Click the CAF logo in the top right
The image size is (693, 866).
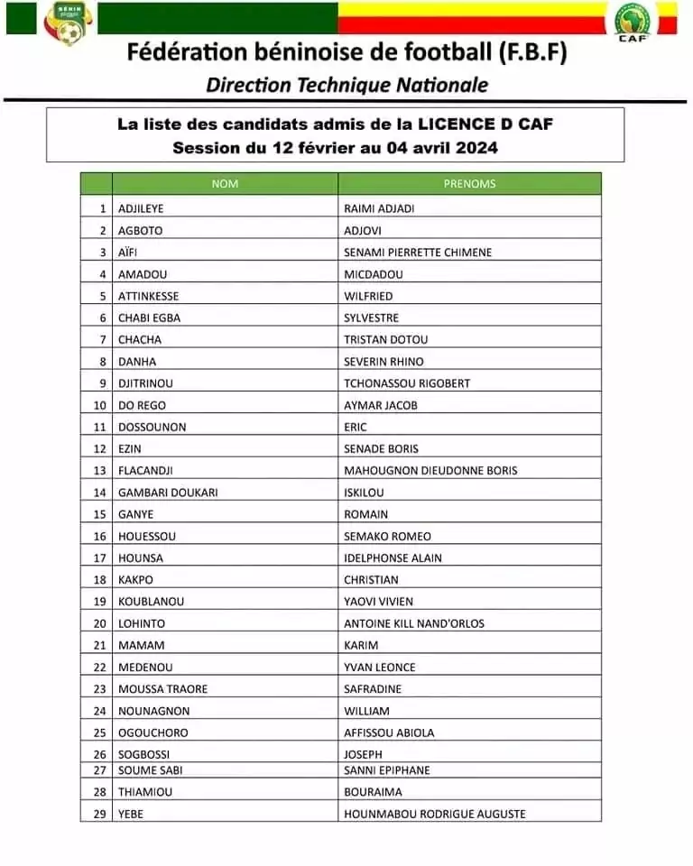(634, 21)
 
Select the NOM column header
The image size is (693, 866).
(225, 184)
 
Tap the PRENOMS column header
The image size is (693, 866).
(469, 184)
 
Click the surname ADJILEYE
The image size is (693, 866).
(142, 208)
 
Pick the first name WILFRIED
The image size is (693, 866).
(368, 296)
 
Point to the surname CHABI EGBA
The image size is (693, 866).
(150, 318)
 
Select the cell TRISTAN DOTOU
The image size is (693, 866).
(386, 339)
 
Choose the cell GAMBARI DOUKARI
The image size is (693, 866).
(168, 493)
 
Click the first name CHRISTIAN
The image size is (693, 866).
(371, 579)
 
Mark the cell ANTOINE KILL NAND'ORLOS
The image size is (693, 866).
(414, 623)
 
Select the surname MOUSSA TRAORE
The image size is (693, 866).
(162, 688)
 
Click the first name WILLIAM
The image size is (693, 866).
(366, 711)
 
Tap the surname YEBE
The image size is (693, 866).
(131, 814)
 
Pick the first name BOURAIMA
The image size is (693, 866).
(372, 791)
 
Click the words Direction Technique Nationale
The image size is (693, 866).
(346, 85)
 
